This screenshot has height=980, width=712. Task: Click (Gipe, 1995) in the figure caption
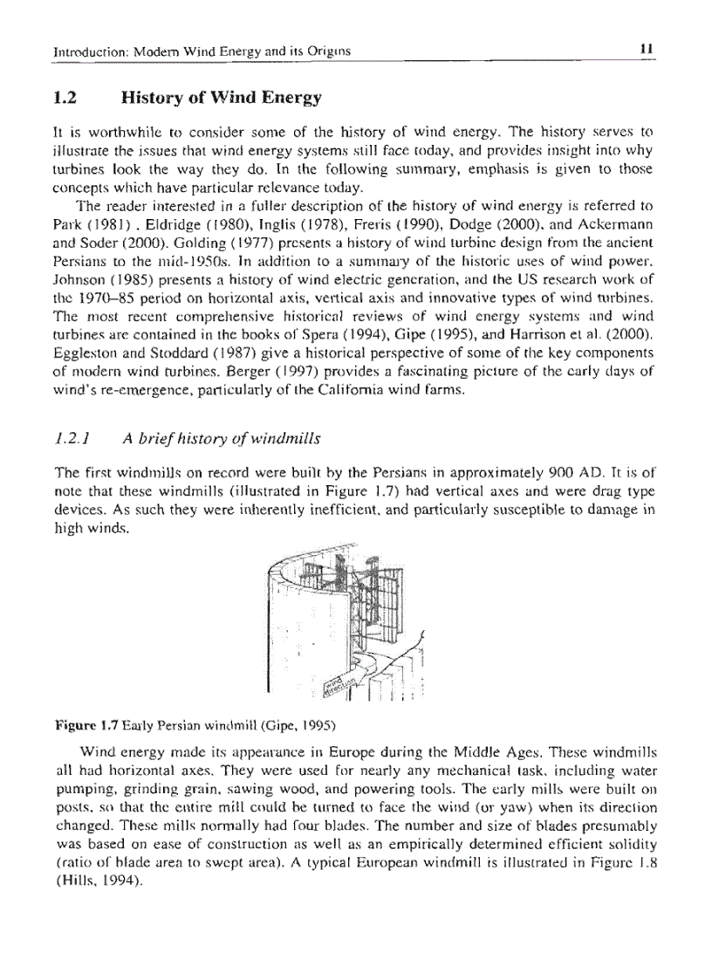pyautogui.click(x=292, y=725)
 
